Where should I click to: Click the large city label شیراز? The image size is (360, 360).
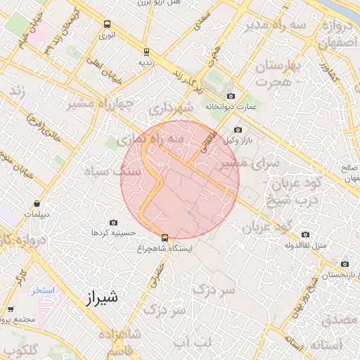(x=101, y=297)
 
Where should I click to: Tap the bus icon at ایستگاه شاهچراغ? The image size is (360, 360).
(x=165, y=238)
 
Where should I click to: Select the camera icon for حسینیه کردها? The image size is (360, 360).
(x=114, y=222)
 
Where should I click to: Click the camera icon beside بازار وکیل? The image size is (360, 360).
(x=237, y=130)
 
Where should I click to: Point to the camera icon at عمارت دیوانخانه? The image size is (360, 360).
(x=231, y=96)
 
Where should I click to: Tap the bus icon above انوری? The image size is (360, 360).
(x=106, y=23)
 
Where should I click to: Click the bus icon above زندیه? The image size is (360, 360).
(x=146, y=51)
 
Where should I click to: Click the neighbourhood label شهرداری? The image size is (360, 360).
(x=171, y=109)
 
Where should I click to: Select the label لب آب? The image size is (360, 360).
(x=192, y=344)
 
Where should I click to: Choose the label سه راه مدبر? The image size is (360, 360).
(x=267, y=27)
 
